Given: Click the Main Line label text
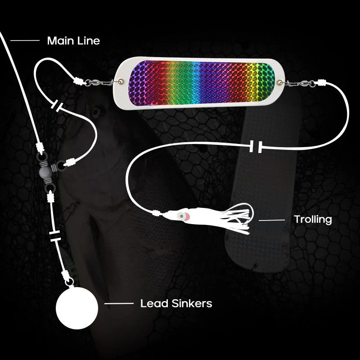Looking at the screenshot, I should (73, 41).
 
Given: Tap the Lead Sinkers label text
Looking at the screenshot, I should (176, 304).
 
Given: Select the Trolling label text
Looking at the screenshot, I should (313, 220).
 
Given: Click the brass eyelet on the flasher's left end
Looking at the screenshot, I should (122, 81).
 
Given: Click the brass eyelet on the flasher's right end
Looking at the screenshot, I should (282, 82).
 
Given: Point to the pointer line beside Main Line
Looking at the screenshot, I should (25, 41).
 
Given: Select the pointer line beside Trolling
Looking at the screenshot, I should (272, 220).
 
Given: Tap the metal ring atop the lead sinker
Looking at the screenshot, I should (70, 282).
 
